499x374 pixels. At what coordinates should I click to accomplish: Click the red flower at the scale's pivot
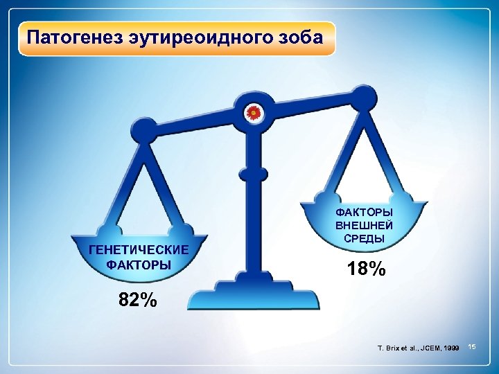point(254,112)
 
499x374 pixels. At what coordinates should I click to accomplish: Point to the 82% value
point(138,301)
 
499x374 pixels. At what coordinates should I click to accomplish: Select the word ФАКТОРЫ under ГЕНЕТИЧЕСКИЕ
point(139,264)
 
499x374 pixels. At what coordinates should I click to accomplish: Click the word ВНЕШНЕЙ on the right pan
point(364,225)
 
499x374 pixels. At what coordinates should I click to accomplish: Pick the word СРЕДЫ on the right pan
point(364,238)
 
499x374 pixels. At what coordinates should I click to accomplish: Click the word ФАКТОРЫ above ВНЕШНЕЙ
point(364,211)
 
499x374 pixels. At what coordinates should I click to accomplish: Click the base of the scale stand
point(255,298)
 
